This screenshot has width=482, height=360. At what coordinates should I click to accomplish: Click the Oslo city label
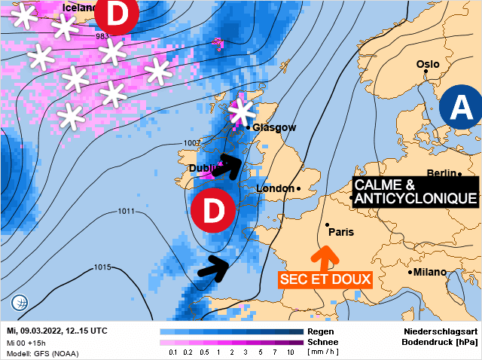[x=427, y=65]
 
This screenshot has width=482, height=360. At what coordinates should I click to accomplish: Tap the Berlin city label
[x=441, y=173]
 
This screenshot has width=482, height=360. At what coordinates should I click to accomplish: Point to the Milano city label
[x=429, y=272]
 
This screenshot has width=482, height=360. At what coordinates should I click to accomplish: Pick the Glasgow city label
[x=274, y=128]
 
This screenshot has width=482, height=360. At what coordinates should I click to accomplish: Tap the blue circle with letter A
[x=459, y=108]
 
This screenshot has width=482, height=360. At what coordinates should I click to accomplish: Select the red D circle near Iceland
[x=117, y=14]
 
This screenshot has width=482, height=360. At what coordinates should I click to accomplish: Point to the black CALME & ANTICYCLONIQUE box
[x=416, y=191]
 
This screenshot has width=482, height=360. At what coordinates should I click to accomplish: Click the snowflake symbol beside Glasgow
[x=242, y=112]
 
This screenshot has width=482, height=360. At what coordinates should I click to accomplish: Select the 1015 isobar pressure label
[x=103, y=267]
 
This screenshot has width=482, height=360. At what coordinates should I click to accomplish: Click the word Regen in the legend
[x=319, y=331]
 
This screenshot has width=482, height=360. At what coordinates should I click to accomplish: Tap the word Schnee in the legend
[x=323, y=341]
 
